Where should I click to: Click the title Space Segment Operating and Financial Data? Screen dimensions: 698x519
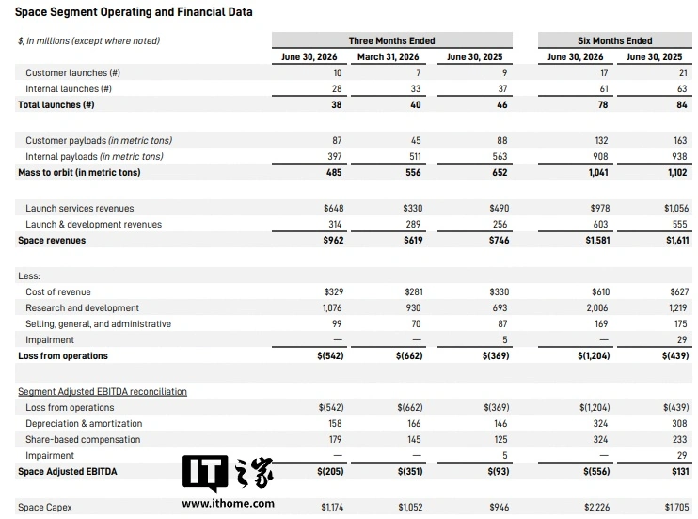coord(134,12)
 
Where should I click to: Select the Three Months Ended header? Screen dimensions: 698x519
coord(391,41)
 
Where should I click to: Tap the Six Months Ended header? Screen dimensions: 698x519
coord(615,41)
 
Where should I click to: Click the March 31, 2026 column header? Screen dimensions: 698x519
coord(388,57)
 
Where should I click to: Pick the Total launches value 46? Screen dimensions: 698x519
coord(501,105)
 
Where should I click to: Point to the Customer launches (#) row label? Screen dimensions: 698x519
coord(72,73)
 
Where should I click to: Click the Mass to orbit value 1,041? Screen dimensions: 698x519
coord(598,173)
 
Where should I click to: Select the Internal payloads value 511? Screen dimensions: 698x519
coord(415,157)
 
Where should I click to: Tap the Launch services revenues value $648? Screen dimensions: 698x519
coord(333,209)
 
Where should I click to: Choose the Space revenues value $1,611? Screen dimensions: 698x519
coord(677,241)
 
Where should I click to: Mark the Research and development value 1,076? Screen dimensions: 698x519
coord(332,308)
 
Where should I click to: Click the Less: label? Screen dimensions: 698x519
coord(29,276)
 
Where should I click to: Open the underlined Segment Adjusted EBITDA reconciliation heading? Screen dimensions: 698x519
coord(103,392)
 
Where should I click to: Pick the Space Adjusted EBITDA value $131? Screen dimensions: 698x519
coord(680,472)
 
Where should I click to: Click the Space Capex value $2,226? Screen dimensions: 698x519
coord(596,508)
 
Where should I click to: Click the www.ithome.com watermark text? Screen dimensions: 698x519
coord(228,504)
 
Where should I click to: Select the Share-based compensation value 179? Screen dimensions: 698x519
coord(335,440)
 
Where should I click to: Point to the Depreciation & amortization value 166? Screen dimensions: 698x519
coord(414,424)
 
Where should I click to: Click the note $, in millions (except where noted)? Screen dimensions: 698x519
coord(88,41)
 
